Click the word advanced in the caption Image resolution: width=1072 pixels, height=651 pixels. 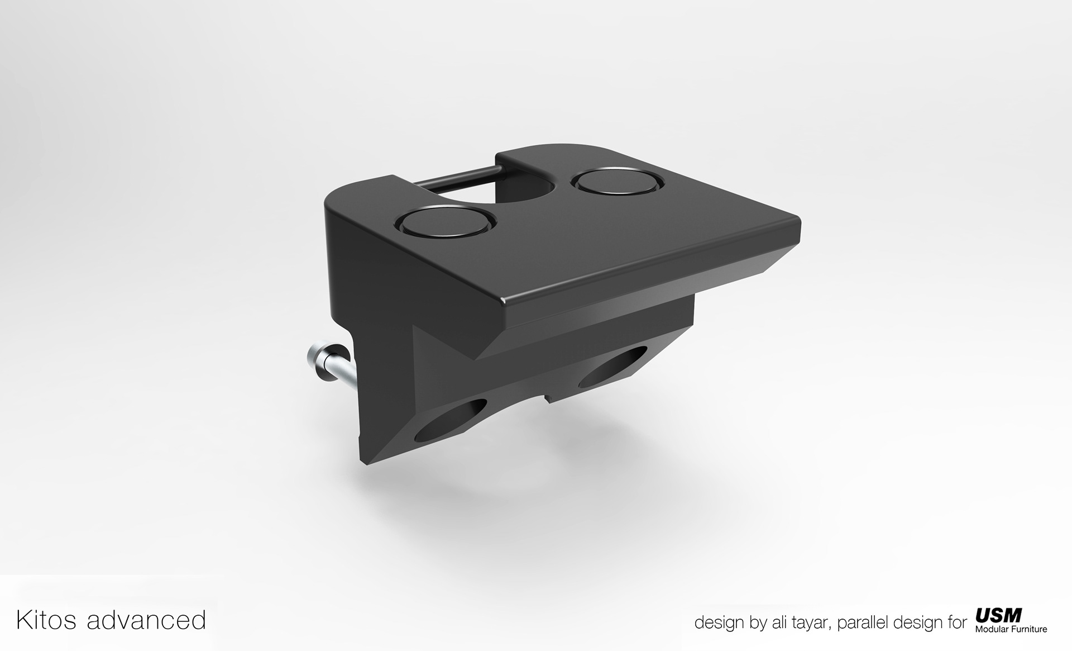pos(146,620)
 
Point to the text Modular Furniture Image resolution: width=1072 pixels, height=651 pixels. pos(1011,629)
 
